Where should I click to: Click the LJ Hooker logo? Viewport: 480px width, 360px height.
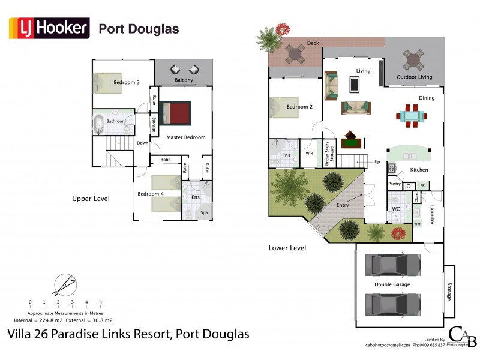point(49,28)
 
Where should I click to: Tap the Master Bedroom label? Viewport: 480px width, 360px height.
point(186,137)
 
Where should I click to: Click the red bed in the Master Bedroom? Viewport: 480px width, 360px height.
point(175,113)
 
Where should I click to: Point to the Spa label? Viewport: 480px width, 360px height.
point(204,213)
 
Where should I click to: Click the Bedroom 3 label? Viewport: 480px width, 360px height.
point(127,83)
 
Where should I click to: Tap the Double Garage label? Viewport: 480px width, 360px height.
point(392,284)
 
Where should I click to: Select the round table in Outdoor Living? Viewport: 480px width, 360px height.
point(413,60)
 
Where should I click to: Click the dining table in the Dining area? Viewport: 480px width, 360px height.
point(412,115)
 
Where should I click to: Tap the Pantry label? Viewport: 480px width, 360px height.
point(394,184)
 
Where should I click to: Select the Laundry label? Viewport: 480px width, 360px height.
point(431,214)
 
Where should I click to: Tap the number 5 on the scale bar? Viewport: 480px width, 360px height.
point(100,302)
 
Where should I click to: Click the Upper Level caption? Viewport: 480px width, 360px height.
point(90,199)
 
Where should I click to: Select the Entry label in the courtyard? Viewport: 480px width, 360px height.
point(343,206)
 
